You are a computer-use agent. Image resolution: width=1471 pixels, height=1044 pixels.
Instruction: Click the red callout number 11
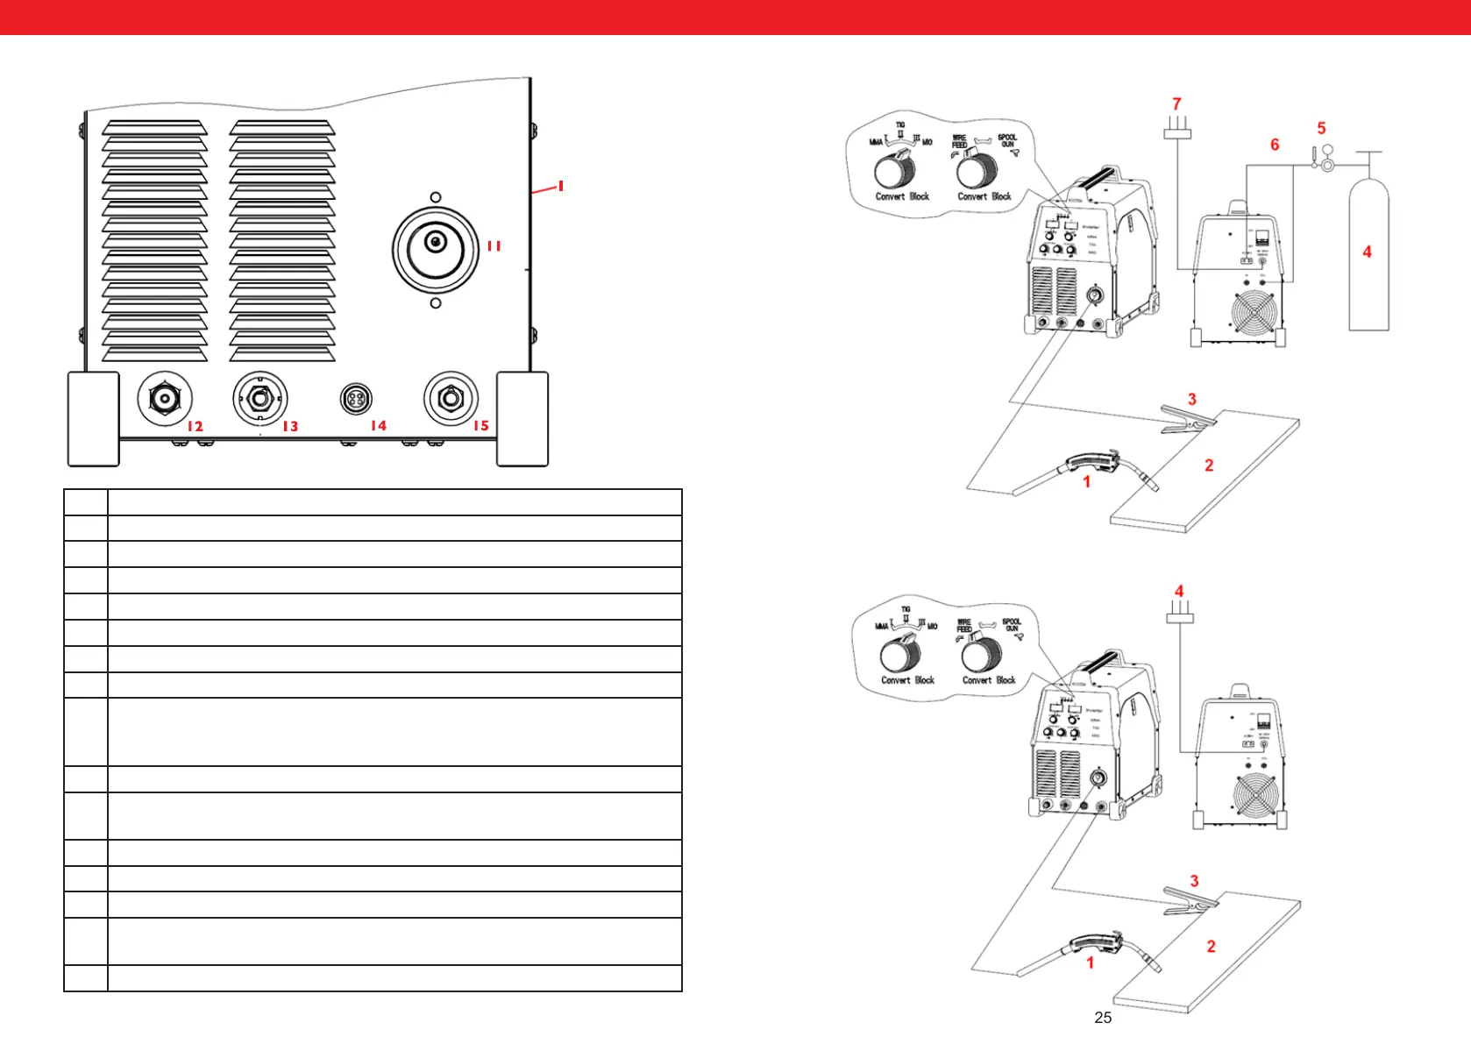[x=494, y=246]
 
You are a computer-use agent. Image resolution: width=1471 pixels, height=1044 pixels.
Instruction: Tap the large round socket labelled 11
[x=436, y=249]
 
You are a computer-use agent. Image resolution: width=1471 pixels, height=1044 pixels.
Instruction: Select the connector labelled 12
[x=165, y=399]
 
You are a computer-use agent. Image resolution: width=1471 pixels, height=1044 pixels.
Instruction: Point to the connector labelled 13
[x=259, y=399]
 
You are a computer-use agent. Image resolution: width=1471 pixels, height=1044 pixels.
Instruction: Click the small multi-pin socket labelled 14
[x=356, y=399]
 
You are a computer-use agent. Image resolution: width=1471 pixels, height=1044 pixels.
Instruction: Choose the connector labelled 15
[x=451, y=399]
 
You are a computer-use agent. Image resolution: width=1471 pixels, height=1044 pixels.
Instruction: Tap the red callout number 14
[x=378, y=425]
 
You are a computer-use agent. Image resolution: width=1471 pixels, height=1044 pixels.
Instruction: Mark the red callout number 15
[x=480, y=425]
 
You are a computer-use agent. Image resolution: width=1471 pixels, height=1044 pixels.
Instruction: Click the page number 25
[x=1103, y=1018]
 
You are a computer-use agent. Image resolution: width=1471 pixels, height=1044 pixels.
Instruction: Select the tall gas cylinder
[x=1368, y=254]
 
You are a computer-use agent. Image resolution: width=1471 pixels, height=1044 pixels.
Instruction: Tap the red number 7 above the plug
[x=1176, y=103]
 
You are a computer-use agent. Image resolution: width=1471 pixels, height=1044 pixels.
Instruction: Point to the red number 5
[x=1321, y=128]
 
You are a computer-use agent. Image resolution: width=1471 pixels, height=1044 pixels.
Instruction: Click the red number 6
[x=1275, y=145]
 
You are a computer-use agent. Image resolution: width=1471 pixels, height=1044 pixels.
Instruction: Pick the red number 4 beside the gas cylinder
[x=1367, y=252]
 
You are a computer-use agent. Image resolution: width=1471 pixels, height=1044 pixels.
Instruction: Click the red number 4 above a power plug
[x=1179, y=591]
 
